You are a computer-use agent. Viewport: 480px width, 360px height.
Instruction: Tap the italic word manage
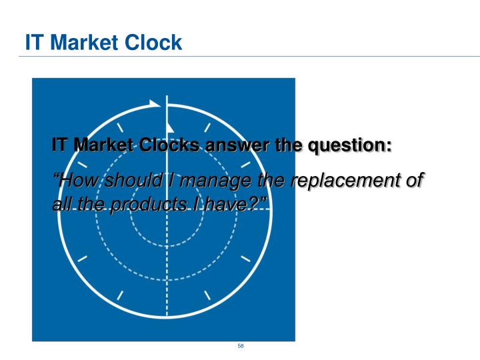pos(208,181)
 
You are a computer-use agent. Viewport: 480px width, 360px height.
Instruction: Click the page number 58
pos(240,347)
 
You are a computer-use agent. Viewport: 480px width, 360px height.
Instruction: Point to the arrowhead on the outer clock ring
pos(155,104)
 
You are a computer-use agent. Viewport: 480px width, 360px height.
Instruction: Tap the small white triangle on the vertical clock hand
pos(170,127)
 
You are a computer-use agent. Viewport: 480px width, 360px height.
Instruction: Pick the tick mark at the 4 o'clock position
pos(245,258)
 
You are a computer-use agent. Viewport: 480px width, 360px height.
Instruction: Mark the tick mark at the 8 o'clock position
pos(82,258)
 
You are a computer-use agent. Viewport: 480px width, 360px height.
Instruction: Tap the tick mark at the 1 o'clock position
pos(209,127)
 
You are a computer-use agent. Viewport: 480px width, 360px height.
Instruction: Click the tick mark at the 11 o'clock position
pos(121,127)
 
